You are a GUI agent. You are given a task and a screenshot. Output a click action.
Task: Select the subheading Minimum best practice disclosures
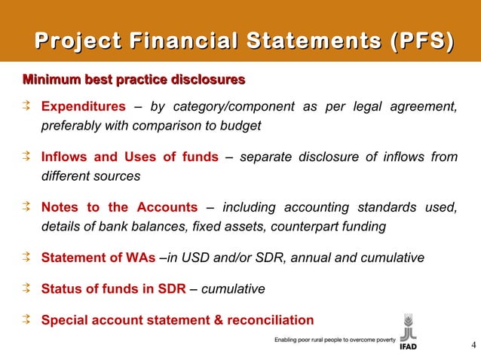[134, 79]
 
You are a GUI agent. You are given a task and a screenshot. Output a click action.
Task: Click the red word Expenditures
[83, 106]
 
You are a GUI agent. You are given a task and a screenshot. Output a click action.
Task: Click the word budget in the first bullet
[243, 126]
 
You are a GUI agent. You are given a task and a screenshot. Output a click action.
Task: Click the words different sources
[90, 177]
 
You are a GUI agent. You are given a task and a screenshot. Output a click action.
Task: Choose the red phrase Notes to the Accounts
[119, 208]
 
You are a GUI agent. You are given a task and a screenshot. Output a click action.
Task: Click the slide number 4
[472, 346]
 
